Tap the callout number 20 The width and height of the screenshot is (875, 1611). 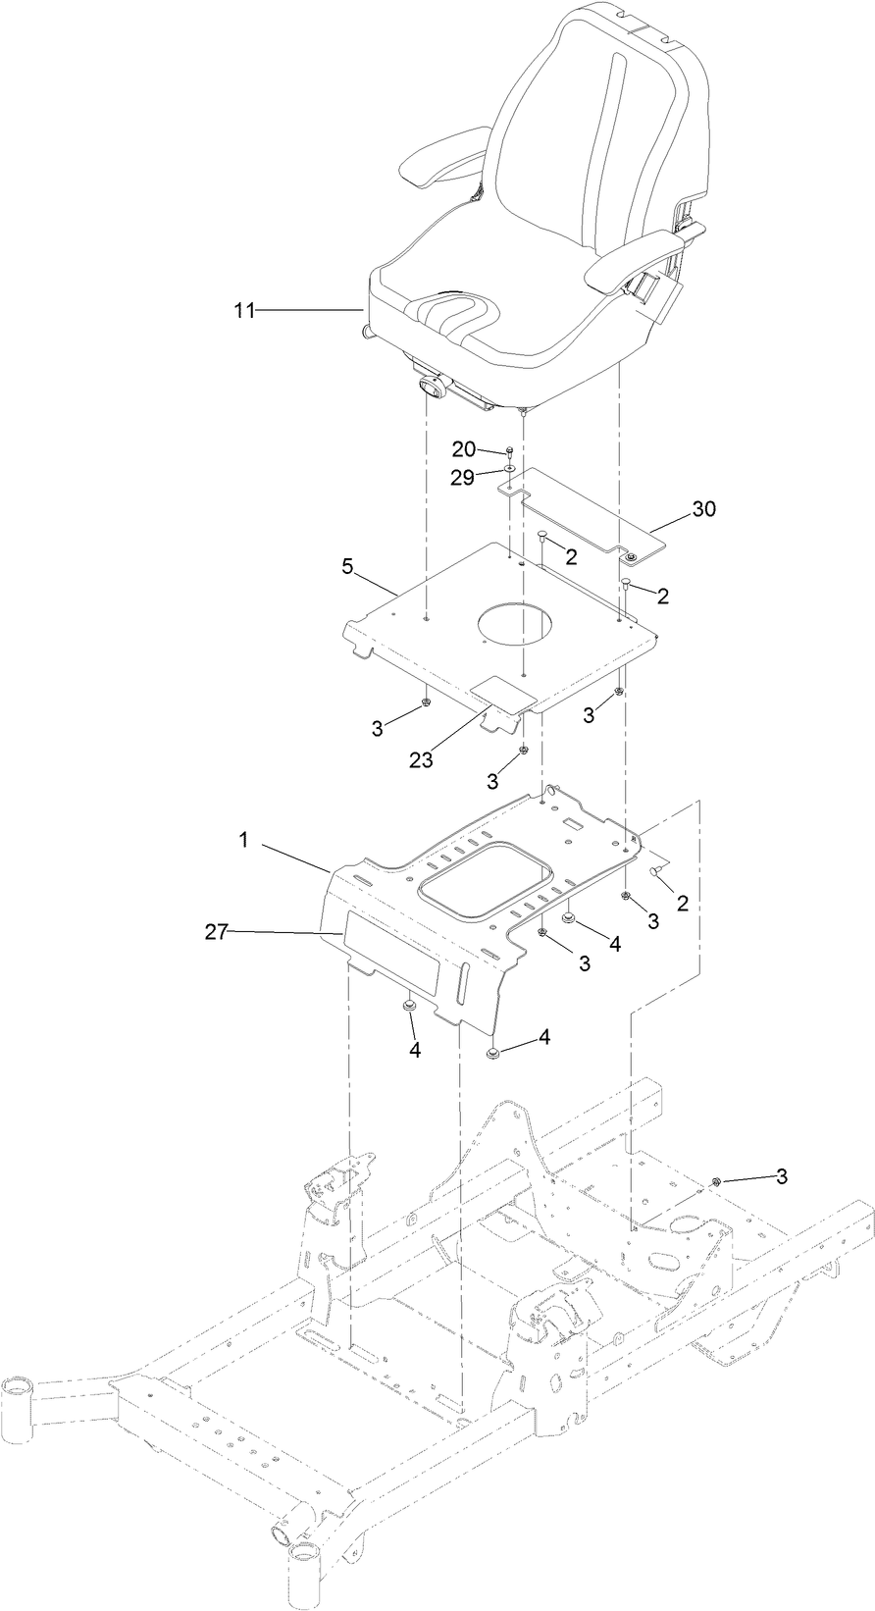463,449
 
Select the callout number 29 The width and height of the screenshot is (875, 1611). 463,477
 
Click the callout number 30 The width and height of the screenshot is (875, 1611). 704,508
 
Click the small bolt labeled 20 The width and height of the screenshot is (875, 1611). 510,452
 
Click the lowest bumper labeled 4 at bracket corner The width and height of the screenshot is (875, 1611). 493,1053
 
